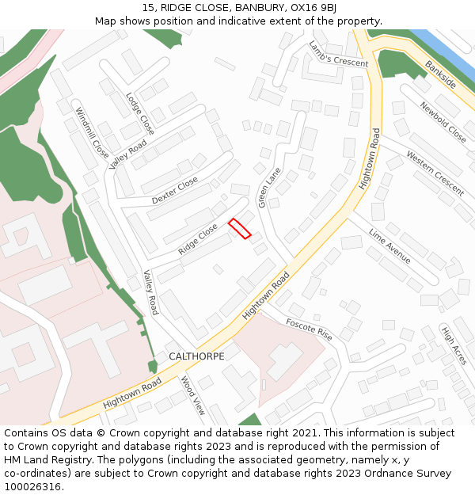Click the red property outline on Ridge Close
coord(240,228)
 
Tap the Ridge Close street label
coord(198,238)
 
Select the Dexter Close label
coord(175,191)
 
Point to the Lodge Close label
coord(140,113)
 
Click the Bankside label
coord(440,73)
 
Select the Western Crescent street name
coord(435,173)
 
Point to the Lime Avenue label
coord(389,246)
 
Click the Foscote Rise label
coord(310,329)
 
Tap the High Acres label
coord(454,345)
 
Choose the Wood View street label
coord(193,396)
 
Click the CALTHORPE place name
coord(196,356)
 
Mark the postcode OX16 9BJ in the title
coord(314,8)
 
